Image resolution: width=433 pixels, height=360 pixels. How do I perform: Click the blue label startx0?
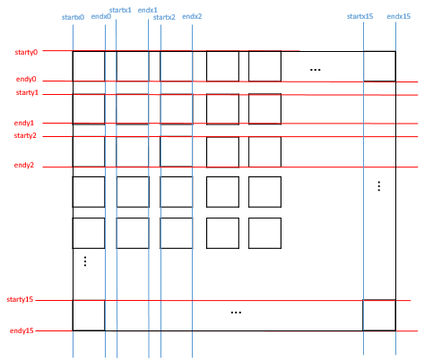coord(73,17)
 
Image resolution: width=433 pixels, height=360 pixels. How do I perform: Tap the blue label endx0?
coord(101,16)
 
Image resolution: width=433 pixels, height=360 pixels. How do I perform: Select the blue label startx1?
coord(120,10)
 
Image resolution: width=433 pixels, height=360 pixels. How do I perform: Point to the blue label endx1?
coord(147,10)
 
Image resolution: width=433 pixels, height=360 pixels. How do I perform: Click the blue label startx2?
coord(164,17)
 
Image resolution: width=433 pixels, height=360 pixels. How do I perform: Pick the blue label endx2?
coord(192,16)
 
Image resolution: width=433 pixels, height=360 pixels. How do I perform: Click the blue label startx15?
coord(359,16)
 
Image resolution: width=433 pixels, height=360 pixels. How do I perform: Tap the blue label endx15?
coord(399,16)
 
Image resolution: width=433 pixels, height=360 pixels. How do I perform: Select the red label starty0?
coord(26,52)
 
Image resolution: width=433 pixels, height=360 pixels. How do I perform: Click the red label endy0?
coord(26,79)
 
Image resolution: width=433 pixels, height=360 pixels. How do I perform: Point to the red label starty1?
coord(27,92)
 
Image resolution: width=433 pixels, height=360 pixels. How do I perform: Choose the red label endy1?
coord(24,123)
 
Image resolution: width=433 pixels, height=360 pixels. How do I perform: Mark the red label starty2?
coord(25,135)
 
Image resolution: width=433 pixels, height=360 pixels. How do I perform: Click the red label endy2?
coord(24,165)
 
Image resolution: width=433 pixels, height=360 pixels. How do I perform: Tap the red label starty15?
coord(20,299)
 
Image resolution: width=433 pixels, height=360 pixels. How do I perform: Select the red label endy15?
coord(22,330)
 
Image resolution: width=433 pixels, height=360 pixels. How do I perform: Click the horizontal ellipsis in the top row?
coord(316,70)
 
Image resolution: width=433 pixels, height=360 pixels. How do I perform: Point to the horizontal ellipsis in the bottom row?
coord(236,313)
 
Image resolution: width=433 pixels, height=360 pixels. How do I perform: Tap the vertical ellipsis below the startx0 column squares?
coord(85,261)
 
